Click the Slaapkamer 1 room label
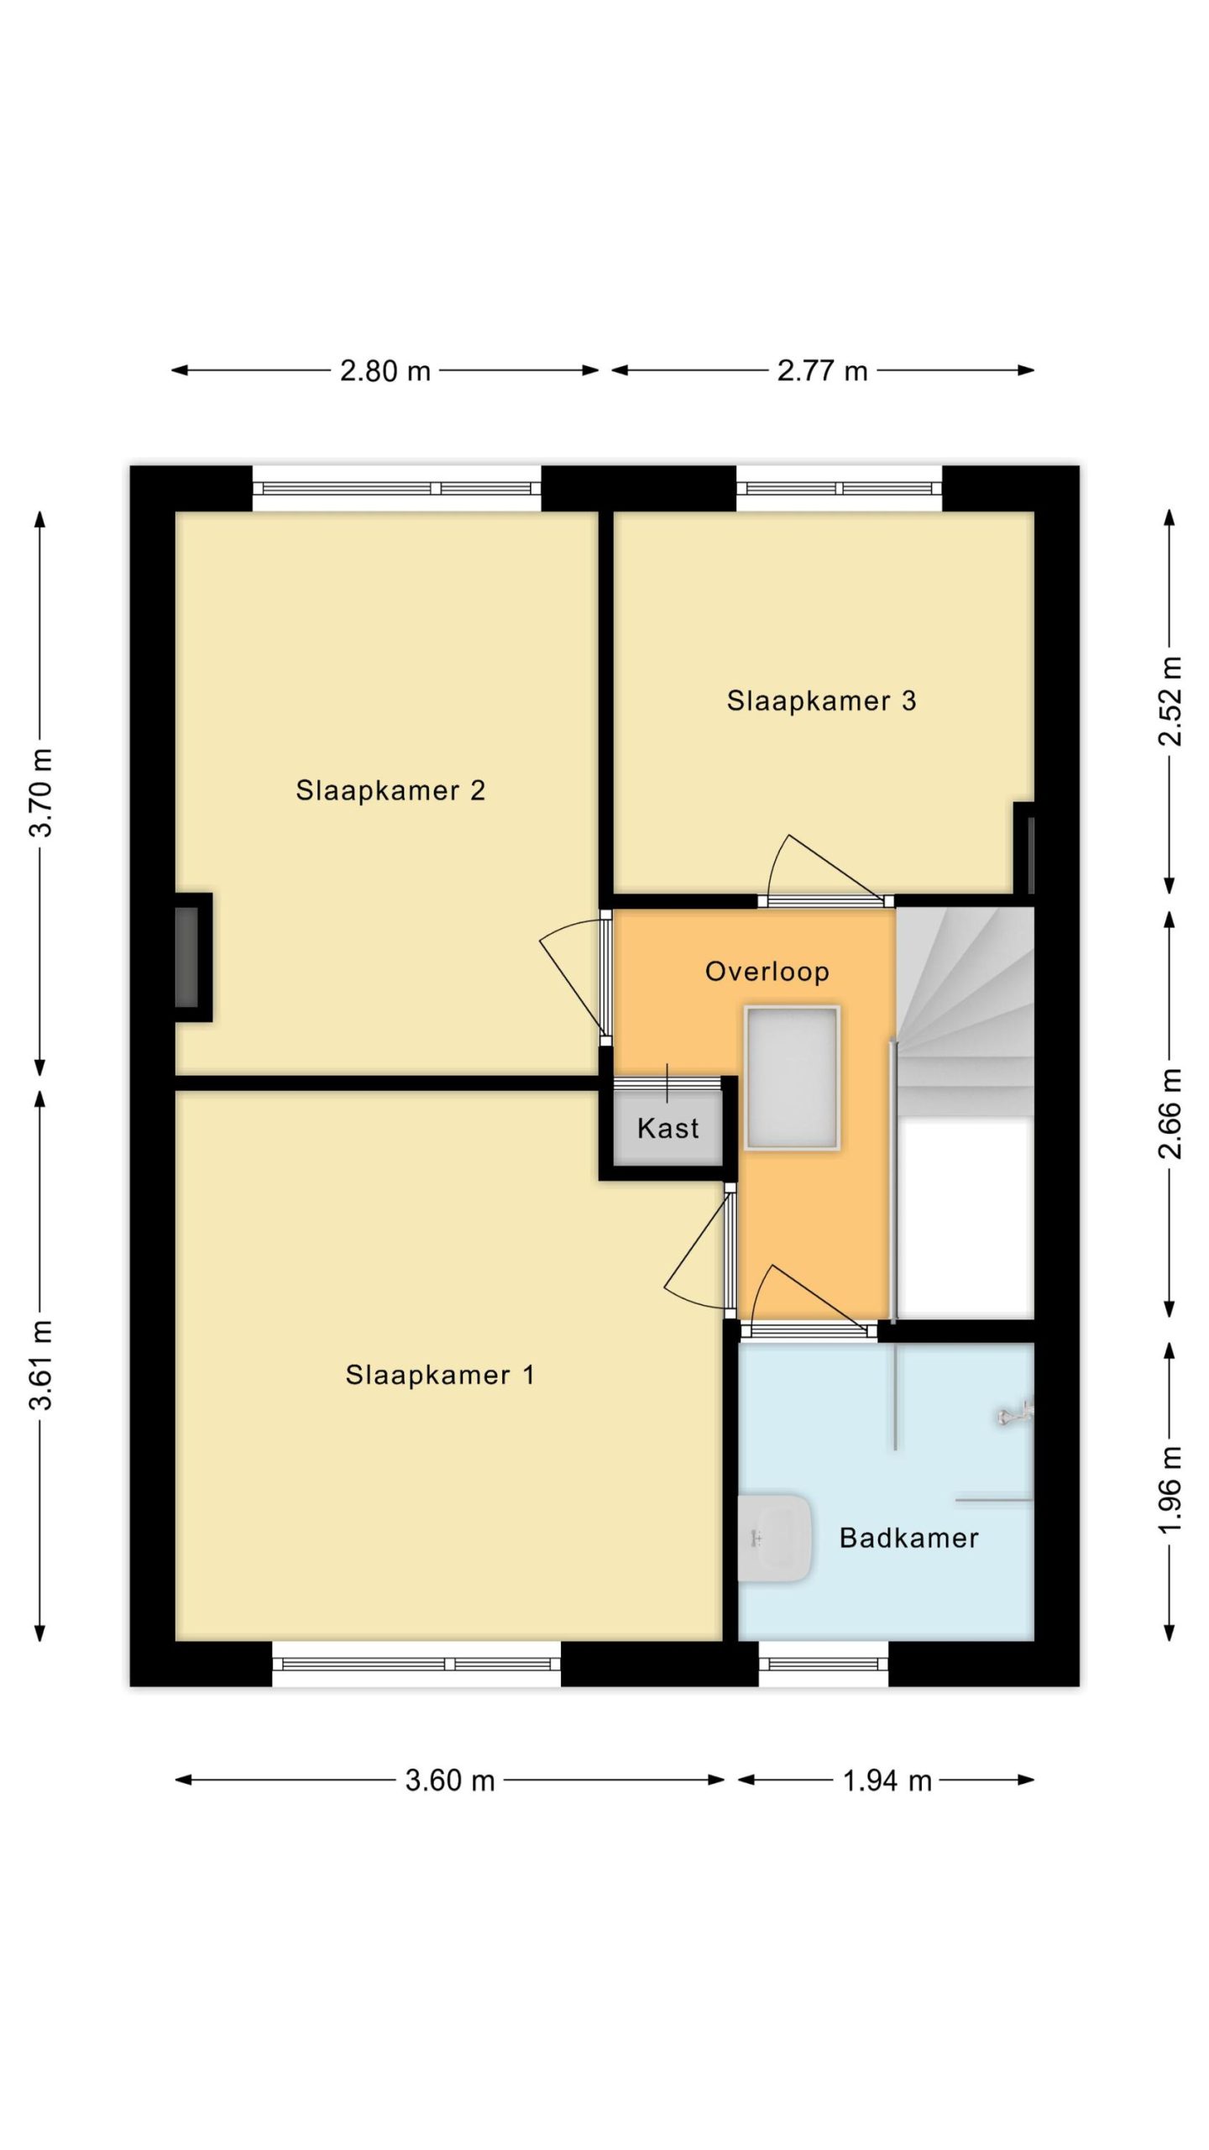pos(440,1376)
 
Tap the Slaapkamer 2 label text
pos(390,790)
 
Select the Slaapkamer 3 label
pos(821,700)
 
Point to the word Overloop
pos(767,972)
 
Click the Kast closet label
pos(668,1128)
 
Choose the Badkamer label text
pos(909,1539)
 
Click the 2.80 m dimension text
pos(385,370)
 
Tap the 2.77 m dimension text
pos(822,370)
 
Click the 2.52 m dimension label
pos(1170,701)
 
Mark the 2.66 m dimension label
pos(1170,1114)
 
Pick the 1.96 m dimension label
pos(1170,1489)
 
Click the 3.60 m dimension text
pos(450,1780)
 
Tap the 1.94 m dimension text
pos(887,1780)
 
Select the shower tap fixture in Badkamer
pos(1015,1415)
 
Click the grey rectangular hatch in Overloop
pos(792,1077)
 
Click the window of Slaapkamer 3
pos(839,489)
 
